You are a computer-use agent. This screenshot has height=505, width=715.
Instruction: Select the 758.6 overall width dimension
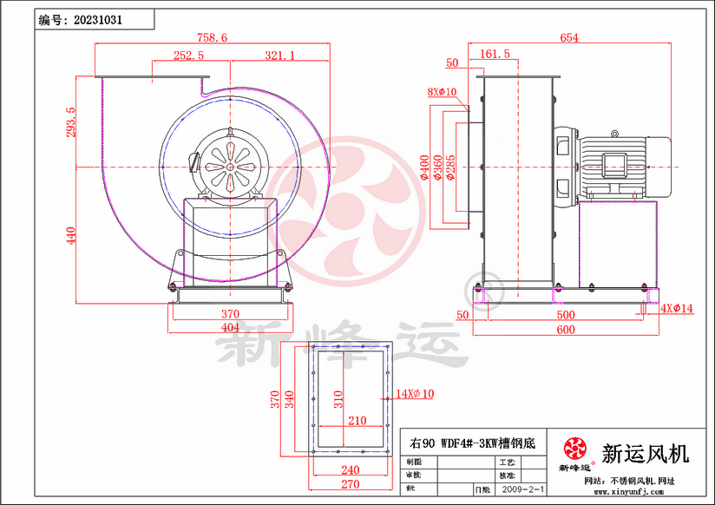click(x=212, y=37)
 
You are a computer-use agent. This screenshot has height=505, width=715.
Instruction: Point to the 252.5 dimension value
click(x=188, y=55)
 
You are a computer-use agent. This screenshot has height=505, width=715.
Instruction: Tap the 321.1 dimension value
click(x=279, y=55)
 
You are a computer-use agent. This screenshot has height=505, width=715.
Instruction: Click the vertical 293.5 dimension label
click(x=71, y=121)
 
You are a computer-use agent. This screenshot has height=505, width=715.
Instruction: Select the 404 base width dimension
click(x=230, y=328)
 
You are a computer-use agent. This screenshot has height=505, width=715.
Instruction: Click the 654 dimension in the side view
click(x=568, y=37)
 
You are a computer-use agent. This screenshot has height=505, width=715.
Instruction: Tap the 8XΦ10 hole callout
click(x=442, y=92)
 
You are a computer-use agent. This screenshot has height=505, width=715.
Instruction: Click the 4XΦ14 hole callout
click(x=677, y=308)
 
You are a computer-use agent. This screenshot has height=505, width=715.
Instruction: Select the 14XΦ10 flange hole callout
click(x=415, y=394)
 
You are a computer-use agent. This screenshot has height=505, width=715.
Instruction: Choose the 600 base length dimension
click(x=565, y=330)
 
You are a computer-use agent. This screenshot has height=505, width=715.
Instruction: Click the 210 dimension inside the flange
click(x=357, y=421)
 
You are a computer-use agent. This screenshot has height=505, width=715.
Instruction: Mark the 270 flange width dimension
click(x=350, y=483)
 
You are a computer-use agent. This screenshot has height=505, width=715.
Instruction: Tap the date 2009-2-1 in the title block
click(x=523, y=489)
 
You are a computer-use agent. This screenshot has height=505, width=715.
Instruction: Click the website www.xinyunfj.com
click(x=626, y=492)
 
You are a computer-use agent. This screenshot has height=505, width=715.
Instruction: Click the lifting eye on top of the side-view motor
click(x=614, y=134)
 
